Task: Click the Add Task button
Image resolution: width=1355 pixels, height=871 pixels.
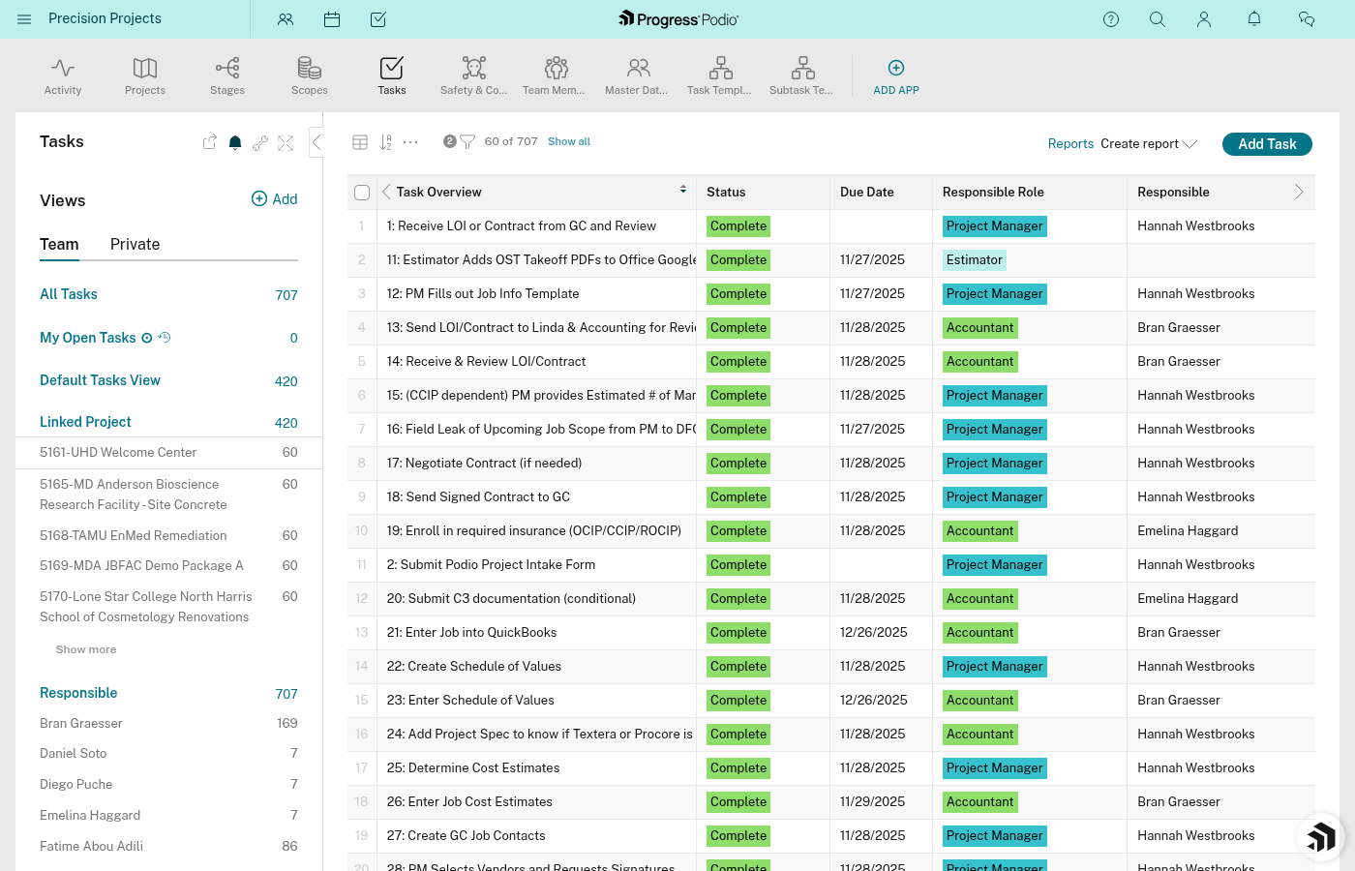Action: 1266,144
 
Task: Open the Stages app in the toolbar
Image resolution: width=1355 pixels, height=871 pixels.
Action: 227,75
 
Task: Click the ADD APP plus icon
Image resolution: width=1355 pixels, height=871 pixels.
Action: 896,68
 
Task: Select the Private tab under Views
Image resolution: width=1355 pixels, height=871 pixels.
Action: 135,245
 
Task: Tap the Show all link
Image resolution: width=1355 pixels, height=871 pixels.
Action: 569,141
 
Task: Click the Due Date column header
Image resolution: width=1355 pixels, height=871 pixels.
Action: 867,193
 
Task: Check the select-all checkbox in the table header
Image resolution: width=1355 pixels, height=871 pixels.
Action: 362,193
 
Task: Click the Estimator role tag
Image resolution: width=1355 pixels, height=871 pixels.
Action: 975,260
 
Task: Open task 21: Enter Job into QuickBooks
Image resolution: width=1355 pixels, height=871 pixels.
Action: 471,633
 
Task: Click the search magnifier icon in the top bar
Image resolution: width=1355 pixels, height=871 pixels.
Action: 1158,19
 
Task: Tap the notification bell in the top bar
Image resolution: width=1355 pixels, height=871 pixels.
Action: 1254,19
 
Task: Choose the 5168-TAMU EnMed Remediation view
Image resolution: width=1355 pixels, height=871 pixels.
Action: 134,536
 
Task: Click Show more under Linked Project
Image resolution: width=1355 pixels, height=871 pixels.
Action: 86,650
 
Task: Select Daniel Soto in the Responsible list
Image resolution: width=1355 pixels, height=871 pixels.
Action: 74,754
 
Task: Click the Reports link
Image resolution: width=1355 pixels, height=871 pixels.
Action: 1070,144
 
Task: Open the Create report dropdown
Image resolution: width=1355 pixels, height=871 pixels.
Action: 1148,144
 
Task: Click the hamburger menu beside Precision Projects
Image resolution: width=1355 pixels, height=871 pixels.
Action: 24,19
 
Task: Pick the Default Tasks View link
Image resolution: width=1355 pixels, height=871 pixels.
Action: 100,380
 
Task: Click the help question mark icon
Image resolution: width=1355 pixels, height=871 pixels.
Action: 1111,19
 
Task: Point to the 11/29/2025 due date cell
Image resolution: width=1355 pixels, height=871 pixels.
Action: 872,802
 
